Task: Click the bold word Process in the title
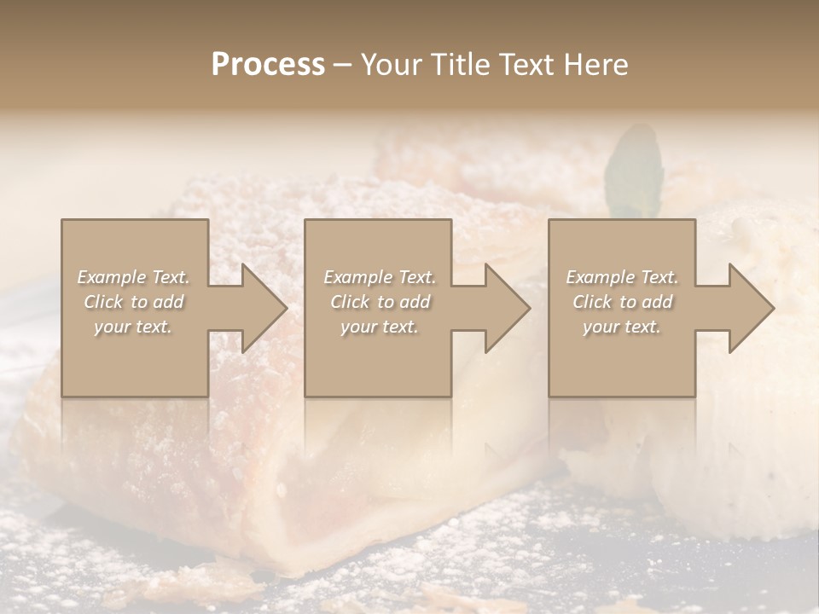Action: point(268,65)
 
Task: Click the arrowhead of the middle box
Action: point(507,308)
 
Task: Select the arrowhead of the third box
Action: point(751,308)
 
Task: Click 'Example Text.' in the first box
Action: point(134,277)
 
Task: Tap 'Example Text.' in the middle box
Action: point(380,277)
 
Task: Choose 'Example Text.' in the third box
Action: point(622,277)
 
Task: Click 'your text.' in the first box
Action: point(133,327)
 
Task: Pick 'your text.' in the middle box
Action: point(380,327)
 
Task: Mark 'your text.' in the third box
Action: point(622,327)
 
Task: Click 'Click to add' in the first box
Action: point(134,302)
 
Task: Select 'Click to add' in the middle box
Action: point(380,302)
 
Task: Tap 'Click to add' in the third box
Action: point(622,302)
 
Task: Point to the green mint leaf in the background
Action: point(632,171)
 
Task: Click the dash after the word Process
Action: point(343,66)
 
